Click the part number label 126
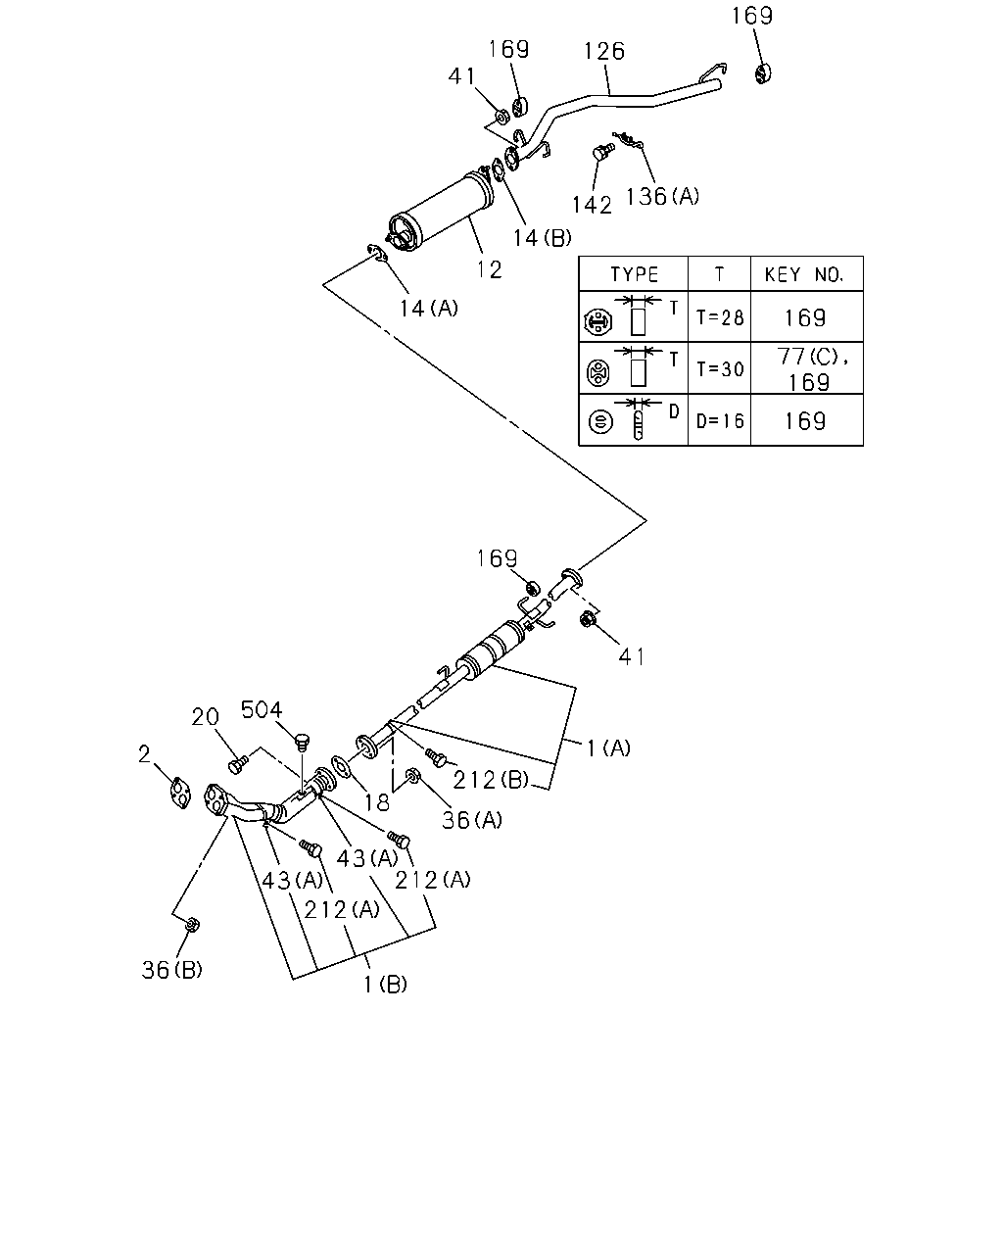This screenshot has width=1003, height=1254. tap(603, 51)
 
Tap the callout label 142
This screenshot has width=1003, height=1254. tap(592, 205)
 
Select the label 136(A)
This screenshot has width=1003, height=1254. tap(662, 196)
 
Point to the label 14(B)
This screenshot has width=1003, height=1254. tap(542, 238)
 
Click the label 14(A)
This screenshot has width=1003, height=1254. tap(428, 309)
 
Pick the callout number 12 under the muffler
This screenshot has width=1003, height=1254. tap(489, 269)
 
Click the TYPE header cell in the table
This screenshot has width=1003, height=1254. tap(634, 274)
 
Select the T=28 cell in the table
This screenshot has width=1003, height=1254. tap(720, 317)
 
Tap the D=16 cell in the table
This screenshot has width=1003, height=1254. tap(720, 420)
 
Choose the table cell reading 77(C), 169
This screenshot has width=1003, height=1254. tap(807, 369)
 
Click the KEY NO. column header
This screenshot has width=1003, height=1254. tap(807, 274)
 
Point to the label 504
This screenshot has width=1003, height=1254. tap(262, 709)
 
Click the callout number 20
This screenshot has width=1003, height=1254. tap(205, 717)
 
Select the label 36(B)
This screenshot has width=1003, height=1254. tap(172, 970)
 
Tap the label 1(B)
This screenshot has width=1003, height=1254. tap(385, 985)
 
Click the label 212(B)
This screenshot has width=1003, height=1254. tap(491, 780)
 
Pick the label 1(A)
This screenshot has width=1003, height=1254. tap(608, 748)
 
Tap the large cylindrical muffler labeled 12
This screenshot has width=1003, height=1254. tap(442, 209)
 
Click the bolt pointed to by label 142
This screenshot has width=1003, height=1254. tap(603, 151)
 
